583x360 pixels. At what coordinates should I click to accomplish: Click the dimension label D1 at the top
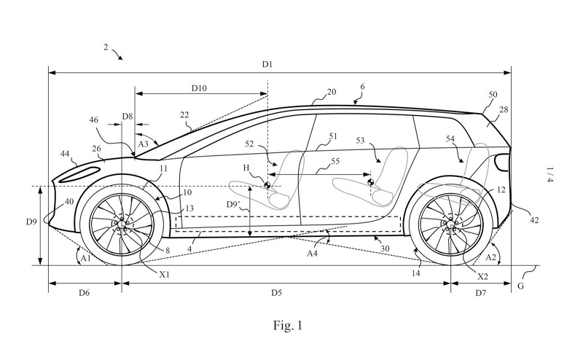click(267, 65)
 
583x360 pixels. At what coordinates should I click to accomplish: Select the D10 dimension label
click(199, 87)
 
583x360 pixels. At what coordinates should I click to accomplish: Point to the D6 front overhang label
click(84, 293)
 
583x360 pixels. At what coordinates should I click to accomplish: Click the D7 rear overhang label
click(480, 293)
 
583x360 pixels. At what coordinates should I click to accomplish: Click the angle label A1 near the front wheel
click(87, 257)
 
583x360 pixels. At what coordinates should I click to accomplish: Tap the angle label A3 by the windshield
click(144, 144)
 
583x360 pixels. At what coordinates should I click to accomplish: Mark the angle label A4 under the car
click(312, 254)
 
